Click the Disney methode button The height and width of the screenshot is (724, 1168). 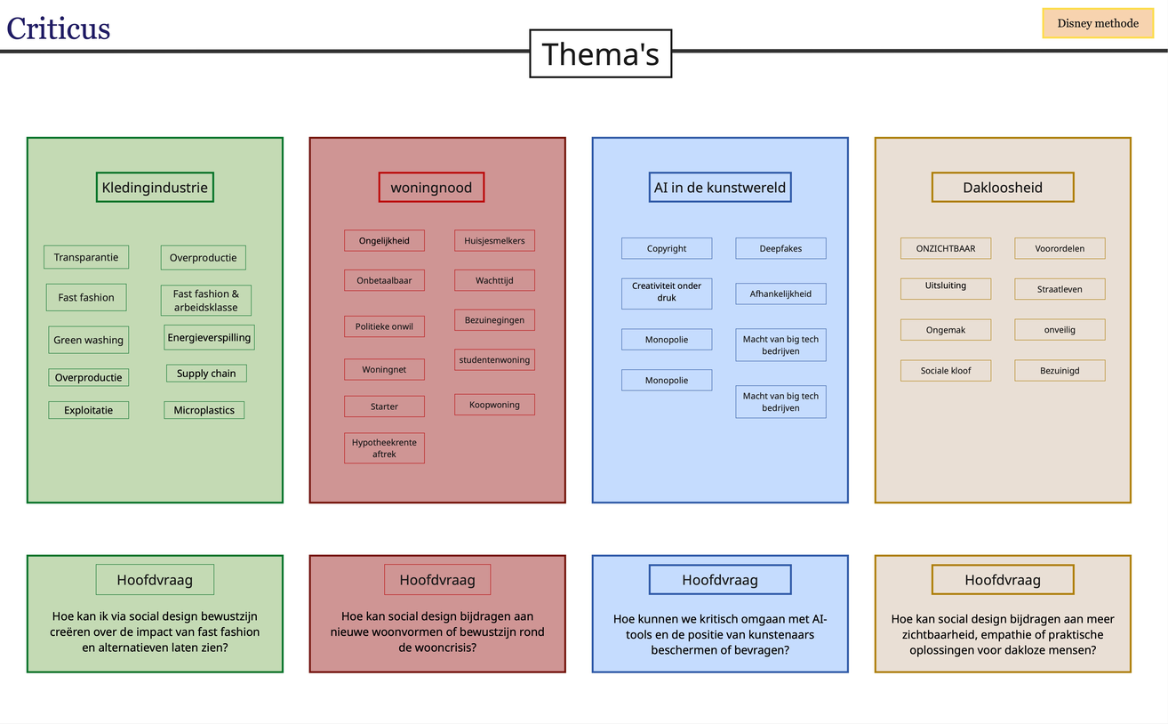[x=1098, y=23]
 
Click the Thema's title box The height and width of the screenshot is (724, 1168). [x=600, y=54]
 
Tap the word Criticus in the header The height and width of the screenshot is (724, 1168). [x=59, y=28]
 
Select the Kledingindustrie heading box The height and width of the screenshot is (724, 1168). [x=155, y=188]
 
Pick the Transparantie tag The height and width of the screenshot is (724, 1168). [x=86, y=257]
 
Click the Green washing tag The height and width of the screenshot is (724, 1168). [x=88, y=340]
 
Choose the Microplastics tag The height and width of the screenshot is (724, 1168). [x=204, y=410]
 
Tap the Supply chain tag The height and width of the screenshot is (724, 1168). [x=206, y=374]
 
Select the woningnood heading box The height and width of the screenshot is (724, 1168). [x=431, y=188]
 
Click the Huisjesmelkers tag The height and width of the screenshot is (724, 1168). [x=494, y=240]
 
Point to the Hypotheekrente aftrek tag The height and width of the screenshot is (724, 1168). [x=384, y=447]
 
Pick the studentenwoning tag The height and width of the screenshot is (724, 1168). [x=494, y=359]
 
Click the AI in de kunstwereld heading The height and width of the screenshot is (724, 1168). [x=720, y=188]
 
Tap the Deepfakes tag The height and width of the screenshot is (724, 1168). [x=780, y=248]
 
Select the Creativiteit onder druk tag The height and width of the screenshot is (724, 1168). [x=667, y=293]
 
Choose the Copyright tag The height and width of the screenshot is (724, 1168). [x=667, y=248]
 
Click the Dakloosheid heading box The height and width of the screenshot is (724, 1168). [x=1003, y=188]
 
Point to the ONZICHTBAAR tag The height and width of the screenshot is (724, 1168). [x=946, y=248]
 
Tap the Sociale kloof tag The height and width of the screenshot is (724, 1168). [x=946, y=370]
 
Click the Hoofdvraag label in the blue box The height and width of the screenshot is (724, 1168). [x=720, y=580]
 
